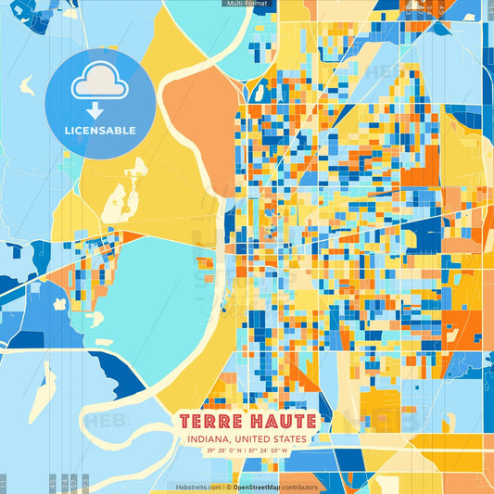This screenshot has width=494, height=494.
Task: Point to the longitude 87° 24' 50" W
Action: [274, 451]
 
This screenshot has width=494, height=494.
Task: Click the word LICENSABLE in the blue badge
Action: [100, 131]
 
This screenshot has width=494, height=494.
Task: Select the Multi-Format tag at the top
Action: [247, 5]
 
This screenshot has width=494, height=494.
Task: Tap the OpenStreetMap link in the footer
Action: [261, 487]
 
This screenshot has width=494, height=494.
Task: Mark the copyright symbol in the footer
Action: [228, 487]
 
